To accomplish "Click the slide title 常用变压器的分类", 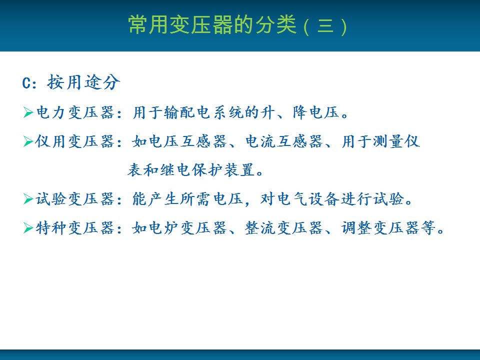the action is point(212,24).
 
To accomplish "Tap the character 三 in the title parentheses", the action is point(325,25).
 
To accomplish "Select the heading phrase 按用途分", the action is point(83,82).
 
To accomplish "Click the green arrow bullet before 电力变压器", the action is point(28,112).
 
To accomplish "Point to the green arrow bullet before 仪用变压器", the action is point(28,141).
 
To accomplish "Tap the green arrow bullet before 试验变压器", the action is point(28,199).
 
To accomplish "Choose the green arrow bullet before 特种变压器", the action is point(28,228).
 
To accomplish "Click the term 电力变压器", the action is point(75,112).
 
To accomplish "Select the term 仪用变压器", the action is point(75,141).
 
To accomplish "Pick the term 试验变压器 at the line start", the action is point(75,199).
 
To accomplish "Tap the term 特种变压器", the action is point(75,228).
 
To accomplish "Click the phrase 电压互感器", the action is point(187,141).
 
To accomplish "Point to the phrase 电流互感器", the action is point(284,141).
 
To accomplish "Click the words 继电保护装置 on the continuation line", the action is point(207,170).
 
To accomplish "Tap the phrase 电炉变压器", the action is point(187,228).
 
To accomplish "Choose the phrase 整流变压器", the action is point(284,228).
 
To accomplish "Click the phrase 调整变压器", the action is point(380,228).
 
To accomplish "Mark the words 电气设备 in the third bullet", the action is point(308,199).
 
